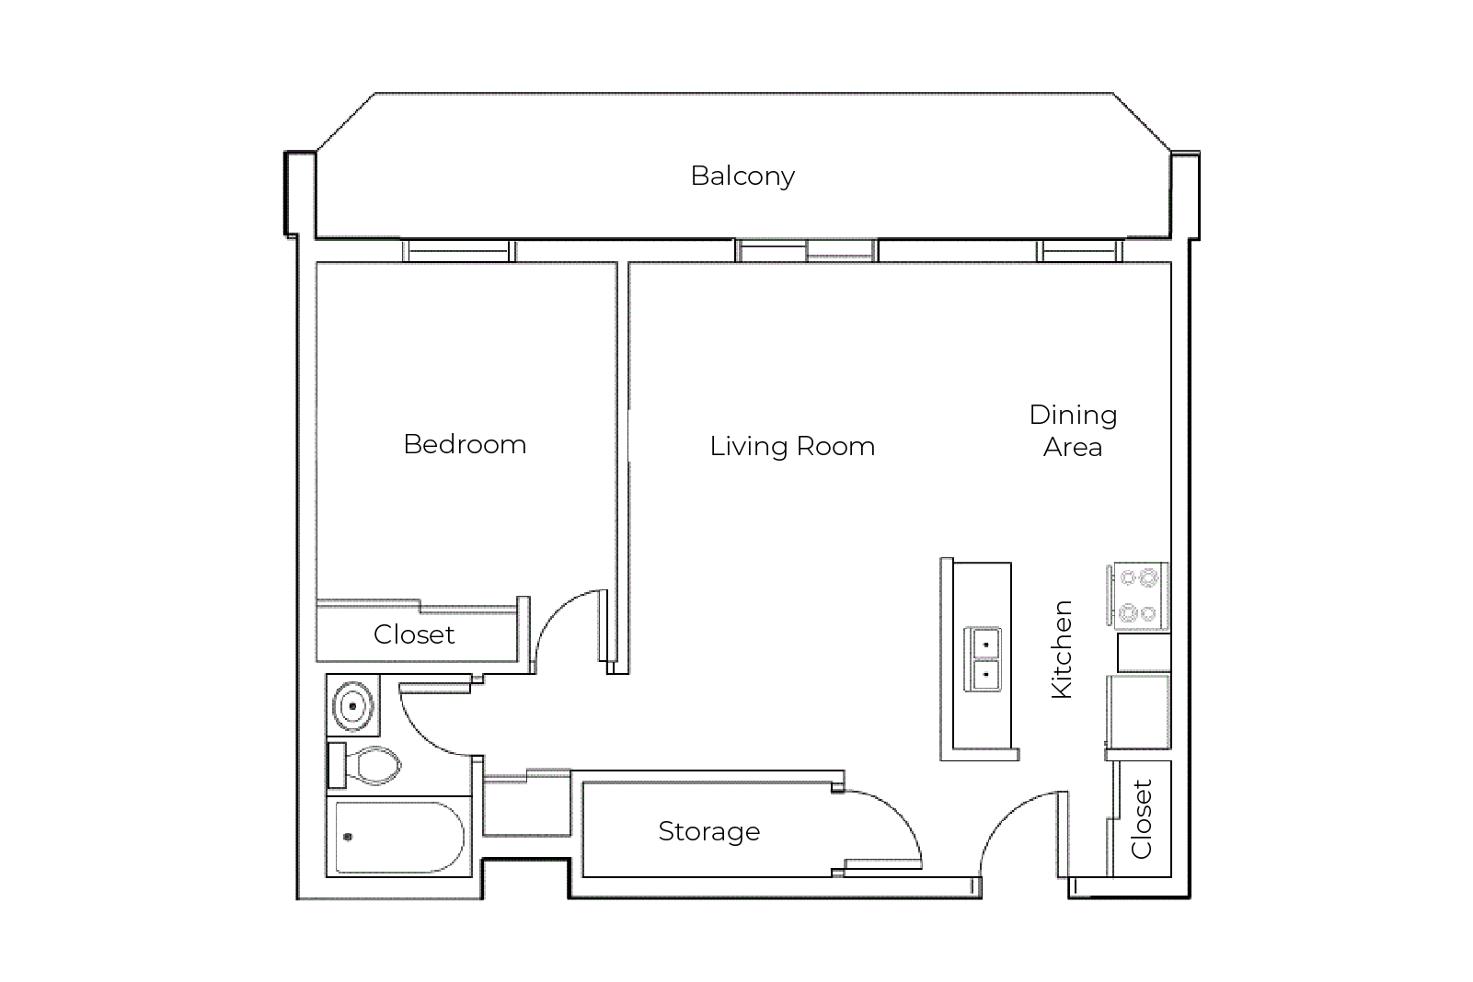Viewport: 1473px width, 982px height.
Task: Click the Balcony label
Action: pos(742,177)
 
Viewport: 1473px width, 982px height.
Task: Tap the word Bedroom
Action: pos(465,444)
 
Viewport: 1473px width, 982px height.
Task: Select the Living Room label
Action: pos(792,446)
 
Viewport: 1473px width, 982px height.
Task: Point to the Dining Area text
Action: pos(1073,430)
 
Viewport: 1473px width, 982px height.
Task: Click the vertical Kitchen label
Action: pos(1062,649)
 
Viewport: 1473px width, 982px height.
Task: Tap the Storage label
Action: pos(708,831)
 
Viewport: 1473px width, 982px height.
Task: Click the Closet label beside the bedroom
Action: pos(414,634)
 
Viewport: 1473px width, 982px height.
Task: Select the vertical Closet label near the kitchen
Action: pos(1142,819)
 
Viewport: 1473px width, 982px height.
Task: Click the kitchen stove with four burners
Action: pos(1138,596)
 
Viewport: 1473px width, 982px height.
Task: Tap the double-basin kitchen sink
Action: pos(984,659)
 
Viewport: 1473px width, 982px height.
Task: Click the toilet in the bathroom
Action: pos(365,766)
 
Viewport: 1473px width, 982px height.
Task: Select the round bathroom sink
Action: pos(353,706)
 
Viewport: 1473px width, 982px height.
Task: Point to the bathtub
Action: pos(399,837)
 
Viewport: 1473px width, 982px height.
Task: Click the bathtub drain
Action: pos(348,837)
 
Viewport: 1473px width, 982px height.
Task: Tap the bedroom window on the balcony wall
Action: pos(459,251)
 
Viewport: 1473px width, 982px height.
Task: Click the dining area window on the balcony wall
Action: pos(1080,251)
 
